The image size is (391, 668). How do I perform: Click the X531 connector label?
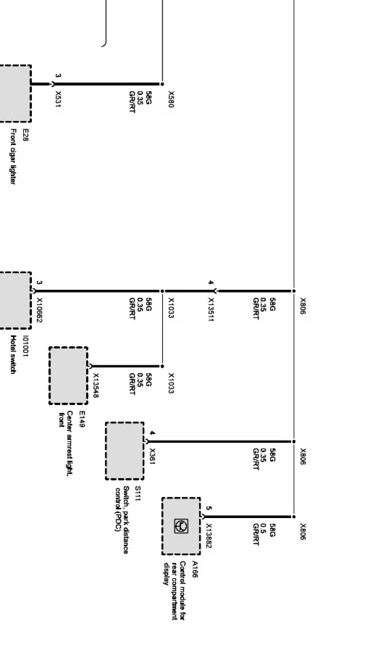click(58, 99)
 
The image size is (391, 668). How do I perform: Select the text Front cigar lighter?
click(13, 156)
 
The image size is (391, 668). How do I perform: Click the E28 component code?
click(25, 135)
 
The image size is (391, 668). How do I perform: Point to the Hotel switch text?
click(13, 354)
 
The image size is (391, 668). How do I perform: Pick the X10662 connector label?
click(39, 310)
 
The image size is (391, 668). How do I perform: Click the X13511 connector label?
click(211, 309)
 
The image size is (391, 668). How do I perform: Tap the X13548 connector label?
click(96, 386)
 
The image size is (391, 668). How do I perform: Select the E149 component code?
click(82, 419)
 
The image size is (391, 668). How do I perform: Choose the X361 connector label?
click(152, 456)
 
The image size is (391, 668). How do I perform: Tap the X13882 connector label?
click(209, 535)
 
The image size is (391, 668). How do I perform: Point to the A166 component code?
click(194, 569)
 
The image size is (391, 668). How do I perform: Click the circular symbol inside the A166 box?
click(181, 526)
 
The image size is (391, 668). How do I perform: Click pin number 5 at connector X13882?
click(209, 508)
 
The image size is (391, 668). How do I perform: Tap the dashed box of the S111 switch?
click(125, 451)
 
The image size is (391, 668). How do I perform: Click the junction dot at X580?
click(162, 84)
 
